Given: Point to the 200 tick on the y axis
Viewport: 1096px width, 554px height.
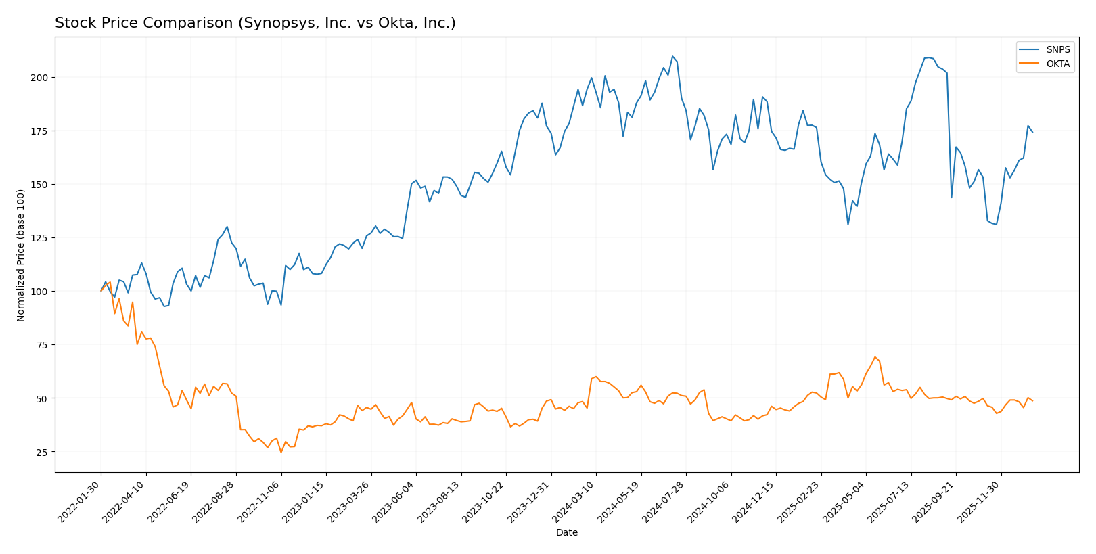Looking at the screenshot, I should (x=40, y=78).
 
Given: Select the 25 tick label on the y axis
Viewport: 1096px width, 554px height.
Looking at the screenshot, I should (x=43, y=453).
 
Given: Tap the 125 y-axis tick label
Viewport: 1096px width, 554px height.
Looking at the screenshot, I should (x=40, y=238).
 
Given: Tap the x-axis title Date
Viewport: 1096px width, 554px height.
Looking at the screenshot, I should (x=566, y=533).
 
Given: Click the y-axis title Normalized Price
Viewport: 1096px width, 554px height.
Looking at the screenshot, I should (x=21, y=255).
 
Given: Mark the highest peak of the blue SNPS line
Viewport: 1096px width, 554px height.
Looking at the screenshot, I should (x=672, y=56).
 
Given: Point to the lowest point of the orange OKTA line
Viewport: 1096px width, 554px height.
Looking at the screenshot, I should (x=281, y=452).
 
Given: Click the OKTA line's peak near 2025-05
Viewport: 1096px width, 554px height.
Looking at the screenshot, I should (x=875, y=357).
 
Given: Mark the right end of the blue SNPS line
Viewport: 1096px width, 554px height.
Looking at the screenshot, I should (x=1032, y=132).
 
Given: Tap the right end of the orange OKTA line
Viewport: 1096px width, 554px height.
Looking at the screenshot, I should (x=1032, y=401).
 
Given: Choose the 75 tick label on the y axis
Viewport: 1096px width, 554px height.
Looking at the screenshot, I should (x=43, y=345).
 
